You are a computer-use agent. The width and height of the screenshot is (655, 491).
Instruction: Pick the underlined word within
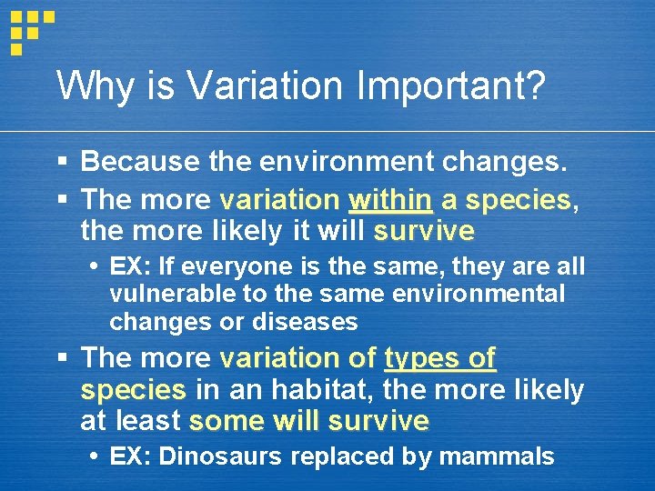pyautogui.click(x=390, y=198)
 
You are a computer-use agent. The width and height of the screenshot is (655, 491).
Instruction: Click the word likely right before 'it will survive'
pyautogui.click(x=243, y=231)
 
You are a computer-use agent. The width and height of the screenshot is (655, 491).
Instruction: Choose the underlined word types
pyautogui.click(x=418, y=358)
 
